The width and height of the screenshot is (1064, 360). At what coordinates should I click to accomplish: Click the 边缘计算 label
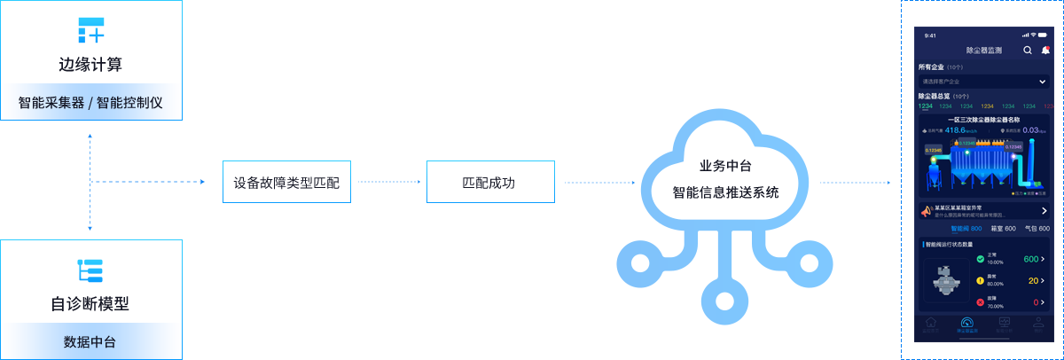(90, 65)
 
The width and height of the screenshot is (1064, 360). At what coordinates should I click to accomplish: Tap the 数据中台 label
(90, 341)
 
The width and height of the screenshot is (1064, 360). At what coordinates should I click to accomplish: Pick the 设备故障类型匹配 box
(286, 183)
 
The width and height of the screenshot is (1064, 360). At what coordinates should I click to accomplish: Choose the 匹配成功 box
(489, 183)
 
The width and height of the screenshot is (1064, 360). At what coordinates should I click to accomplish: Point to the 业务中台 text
(725, 166)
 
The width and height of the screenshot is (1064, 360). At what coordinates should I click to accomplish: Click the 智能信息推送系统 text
(725, 191)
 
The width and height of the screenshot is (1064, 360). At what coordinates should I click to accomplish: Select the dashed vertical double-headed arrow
(90, 182)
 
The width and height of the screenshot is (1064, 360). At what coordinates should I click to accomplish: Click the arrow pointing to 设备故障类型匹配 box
(151, 182)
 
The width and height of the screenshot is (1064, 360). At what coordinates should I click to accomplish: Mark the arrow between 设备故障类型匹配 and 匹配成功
(388, 183)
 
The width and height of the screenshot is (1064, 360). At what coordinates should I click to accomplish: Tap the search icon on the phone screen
(1028, 51)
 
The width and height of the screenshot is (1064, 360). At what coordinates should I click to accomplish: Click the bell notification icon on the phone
(1045, 51)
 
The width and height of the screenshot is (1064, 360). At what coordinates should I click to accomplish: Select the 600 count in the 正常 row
(1030, 259)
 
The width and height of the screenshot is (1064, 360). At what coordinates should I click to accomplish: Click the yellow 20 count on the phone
(1033, 281)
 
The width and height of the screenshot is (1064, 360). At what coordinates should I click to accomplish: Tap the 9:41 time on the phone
(930, 35)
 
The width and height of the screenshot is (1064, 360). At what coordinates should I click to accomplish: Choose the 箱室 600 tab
(1003, 229)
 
